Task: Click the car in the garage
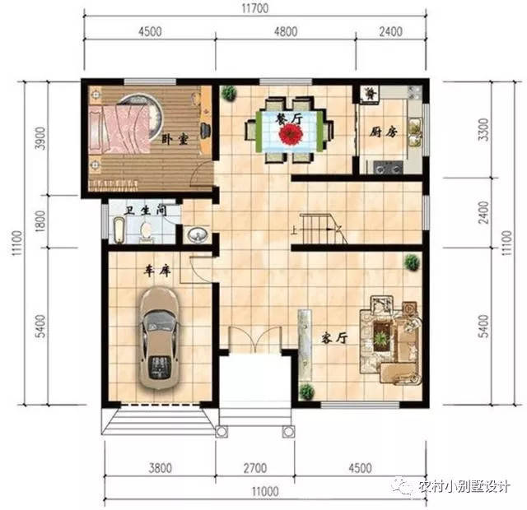pos(159,338)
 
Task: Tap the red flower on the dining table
pos(291,134)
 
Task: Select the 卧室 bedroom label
pos(175,139)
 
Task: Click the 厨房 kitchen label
pos(384,132)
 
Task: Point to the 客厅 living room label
pos(334,338)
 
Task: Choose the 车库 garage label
pos(157,271)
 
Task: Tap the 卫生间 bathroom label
pos(146,211)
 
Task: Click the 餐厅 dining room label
pos(289,118)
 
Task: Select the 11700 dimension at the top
pos(255,8)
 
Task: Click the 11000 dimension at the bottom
pos(265,492)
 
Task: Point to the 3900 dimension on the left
pos(40,138)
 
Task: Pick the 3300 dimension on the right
pos(483,129)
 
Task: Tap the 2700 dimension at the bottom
pos(255,468)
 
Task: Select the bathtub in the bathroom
pos(119,230)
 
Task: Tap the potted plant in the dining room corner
pos(229,93)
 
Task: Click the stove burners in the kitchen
pos(388,167)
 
